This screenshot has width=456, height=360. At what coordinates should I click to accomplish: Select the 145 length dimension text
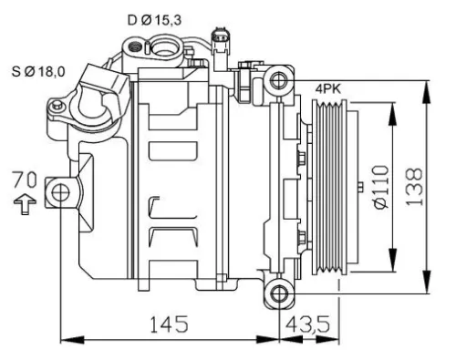pyautogui.click(x=169, y=324)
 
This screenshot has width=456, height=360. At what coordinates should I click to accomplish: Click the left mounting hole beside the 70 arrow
pyautogui.click(x=60, y=192)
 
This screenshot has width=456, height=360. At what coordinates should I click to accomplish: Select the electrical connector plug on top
pyautogui.click(x=218, y=40)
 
